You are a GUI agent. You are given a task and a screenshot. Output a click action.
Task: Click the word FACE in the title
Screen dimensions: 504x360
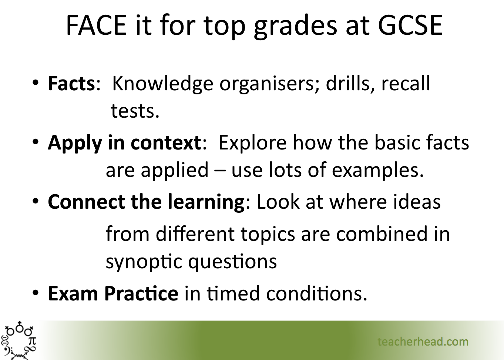pyautogui.click(x=96, y=25)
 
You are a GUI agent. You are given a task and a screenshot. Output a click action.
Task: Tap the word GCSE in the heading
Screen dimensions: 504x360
pyautogui.click(x=410, y=25)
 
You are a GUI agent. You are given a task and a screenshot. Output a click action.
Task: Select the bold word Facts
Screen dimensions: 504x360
pyautogui.click(x=71, y=84)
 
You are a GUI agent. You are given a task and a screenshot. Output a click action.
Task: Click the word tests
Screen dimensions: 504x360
pyautogui.click(x=135, y=111)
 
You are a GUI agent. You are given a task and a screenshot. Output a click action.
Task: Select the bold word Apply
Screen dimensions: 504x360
pyautogui.click(x=75, y=143)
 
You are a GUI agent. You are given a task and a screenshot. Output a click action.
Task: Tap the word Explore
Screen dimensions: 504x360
pyautogui.click(x=252, y=143)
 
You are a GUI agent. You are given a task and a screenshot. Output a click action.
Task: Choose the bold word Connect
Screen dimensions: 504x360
pyautogui.click(x=86, y=202)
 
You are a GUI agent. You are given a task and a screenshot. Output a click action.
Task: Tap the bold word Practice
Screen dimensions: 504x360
pyautogui.click(x=141, y=293)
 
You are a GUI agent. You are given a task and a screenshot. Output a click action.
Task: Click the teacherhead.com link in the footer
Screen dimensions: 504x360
pyautogui.click(x=423, y=342)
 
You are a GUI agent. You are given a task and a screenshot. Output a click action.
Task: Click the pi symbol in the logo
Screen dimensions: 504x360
pyautogui.click(x=32, y=341)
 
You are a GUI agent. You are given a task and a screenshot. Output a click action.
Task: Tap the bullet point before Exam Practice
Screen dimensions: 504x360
pyautogui.click(x=36, y=293)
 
